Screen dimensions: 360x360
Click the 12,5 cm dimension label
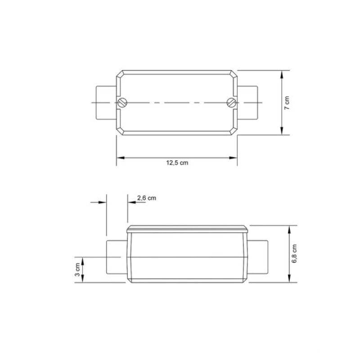(x=177, y=163)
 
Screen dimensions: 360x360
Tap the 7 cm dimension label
(x=287, y=103)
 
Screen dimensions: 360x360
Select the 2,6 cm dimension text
(x=147, y=198)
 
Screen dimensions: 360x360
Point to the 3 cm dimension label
(x=77, y=270)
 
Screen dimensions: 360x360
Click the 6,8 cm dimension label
(x=294, y=253)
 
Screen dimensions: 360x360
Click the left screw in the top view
(x=122, y=103)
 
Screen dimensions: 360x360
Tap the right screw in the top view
(x=231, y=103)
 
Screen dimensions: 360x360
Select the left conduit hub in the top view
(x=106, y=103)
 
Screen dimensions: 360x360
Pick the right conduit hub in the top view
(x=247, y=103)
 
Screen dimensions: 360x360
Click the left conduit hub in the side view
(x=117, y=257)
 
